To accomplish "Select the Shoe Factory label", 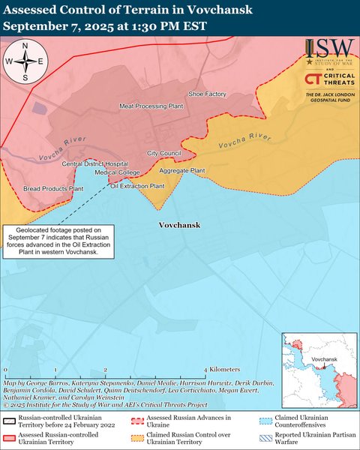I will point(207,94).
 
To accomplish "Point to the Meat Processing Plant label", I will point(151,106).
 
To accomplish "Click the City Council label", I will point(164,153).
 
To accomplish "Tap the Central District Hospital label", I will point(95,163).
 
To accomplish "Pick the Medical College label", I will point(112,172).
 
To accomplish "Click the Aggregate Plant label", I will point(182,171).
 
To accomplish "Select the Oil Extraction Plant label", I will point(137,185).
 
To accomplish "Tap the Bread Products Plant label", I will point(52,189).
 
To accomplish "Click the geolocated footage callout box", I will point(59,241).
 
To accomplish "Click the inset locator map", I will point(318,370).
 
